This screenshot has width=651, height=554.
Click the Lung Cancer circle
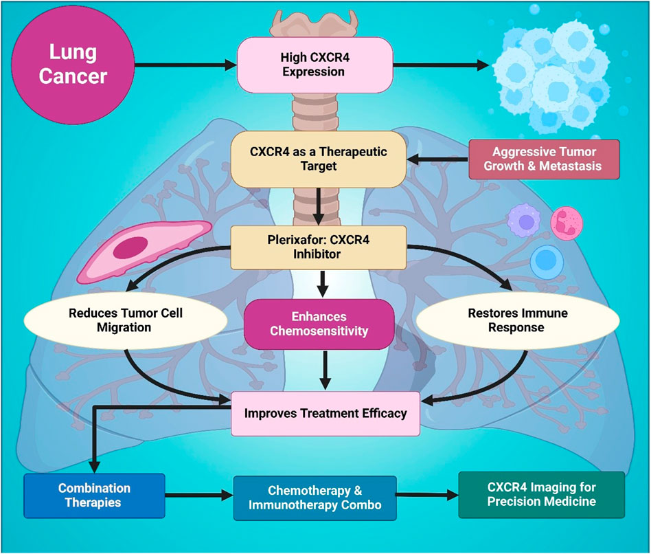pos(73,65)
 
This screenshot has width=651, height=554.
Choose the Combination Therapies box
pos(94,495)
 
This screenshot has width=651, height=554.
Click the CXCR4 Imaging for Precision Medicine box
pos(541,494)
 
